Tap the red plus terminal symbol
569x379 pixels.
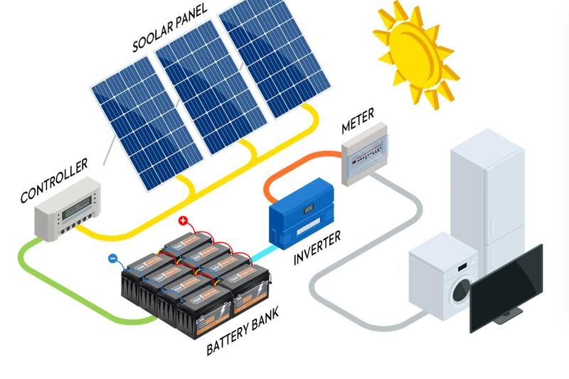pyautogui.click(x=183, y=220)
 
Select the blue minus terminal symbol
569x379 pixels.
pyautogui.click(x=113, y=258)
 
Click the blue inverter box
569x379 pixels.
pyautogui.click(x=301, y=214)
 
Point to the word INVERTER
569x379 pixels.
pyautogui.click(x=317, y=247)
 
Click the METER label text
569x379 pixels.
pyautogui.click(x=358, y=121)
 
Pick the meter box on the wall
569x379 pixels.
pyautogui.click(x=365, y=154)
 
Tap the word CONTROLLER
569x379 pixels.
pyautogui.click(x=54, y=180)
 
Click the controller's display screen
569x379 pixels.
pyautogui.click(x=77, y=208)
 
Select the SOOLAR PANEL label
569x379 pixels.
pyautogui.click(x=169, y=28)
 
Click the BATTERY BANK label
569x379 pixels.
pyautogui.click(x=243, y=330)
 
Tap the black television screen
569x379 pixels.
pyautogui.click(x=506, y=287)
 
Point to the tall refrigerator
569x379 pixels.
pyautogui.click(x=487, y=196)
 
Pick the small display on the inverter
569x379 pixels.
pyautogui.click(x=309, y=208)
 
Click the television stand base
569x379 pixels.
pyautogui.click(x=508, y=316)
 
